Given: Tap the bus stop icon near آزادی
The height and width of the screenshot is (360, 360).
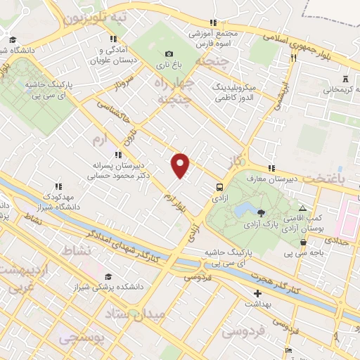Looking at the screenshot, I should (x=221, y=188).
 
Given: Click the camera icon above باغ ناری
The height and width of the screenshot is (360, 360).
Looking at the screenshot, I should (x=169, y=54).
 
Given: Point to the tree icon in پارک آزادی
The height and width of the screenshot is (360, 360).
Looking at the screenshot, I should (x=262, y=212).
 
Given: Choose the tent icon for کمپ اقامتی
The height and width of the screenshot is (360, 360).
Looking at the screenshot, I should (x=302, y=210).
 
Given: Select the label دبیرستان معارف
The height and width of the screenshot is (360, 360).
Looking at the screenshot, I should (x=274, y=179).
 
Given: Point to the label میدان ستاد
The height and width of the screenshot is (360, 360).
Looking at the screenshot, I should (x=138, y=313).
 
